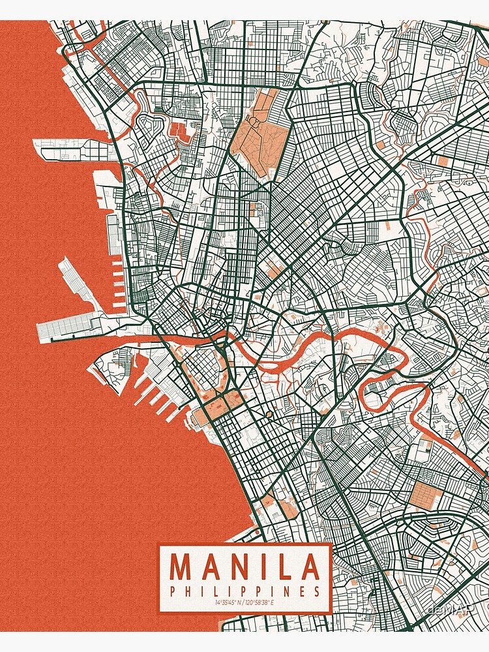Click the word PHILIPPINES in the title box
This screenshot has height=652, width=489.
tap(245, 591)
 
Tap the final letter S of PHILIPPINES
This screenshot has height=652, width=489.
tap(317, 591)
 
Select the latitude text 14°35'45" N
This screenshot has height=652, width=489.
tap(229, 602)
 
